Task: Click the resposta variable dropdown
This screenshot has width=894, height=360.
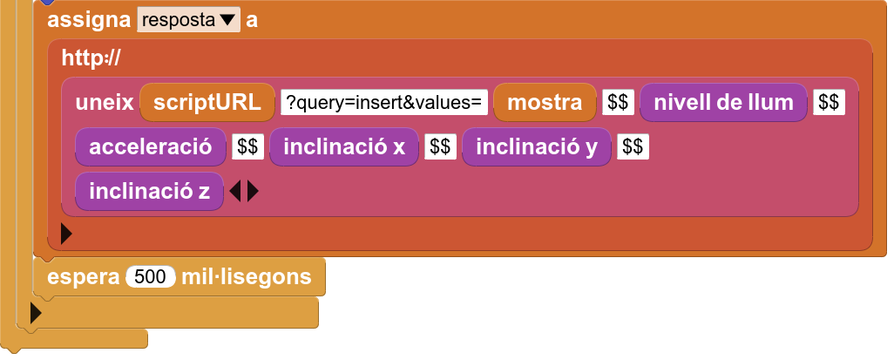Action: click(188, 20)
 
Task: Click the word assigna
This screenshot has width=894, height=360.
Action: click(89, 20)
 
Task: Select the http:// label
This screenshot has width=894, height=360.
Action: click(91, 58)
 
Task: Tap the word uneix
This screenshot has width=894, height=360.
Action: click(105, 103)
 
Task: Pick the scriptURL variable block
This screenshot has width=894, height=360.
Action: click(207, 103)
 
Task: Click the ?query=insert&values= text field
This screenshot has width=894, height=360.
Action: click(383, 103)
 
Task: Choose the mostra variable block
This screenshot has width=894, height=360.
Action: click(545, 103)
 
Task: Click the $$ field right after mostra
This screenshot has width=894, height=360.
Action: click(618, 103)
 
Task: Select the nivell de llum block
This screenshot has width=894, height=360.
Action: click(723, 103)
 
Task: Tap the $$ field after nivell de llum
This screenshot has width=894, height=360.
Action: click(829, 103)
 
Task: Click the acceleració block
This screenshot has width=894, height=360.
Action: click(151, 147)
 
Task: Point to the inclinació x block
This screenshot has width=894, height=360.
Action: click(344, 147)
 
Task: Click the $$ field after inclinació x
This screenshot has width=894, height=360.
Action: click(440, 147)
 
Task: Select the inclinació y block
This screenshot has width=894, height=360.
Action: click(537, 147)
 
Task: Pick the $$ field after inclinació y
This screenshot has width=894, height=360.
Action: click(633, 147)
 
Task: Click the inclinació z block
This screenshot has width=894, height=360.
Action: click(149, 191)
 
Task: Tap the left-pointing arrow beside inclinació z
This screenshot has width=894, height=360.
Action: click(235, 192)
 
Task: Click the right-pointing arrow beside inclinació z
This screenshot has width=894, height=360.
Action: click(253, 192)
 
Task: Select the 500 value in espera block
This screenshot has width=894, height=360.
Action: click(151, 277)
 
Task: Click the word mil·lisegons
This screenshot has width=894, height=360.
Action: click(247, 277)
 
